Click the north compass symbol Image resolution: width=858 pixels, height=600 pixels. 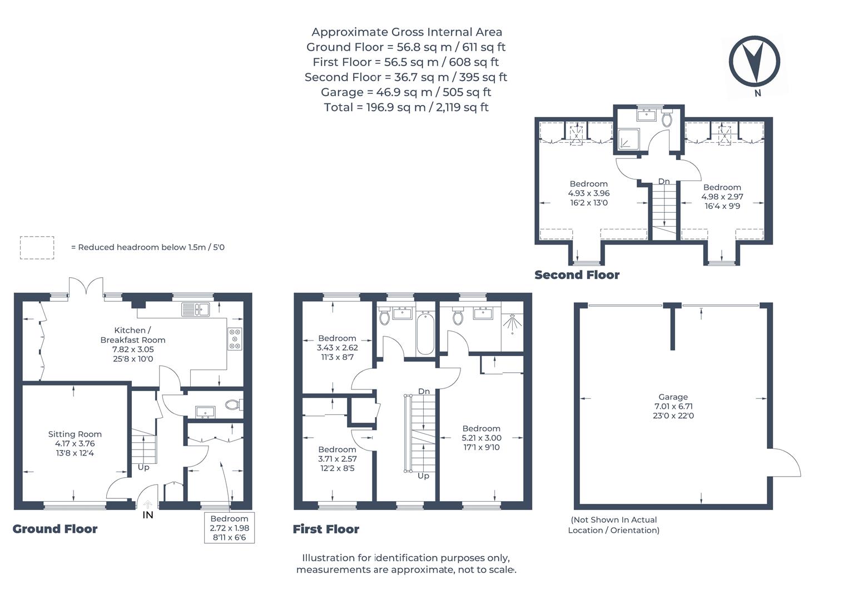coord(755,61)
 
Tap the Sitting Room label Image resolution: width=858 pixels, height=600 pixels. coord(75,443)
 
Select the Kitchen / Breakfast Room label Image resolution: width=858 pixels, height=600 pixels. coord(132,344)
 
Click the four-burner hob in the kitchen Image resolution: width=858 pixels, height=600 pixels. coord(235,339)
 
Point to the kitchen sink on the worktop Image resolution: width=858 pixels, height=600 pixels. coord(195,309)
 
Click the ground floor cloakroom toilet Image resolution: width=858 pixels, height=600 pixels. coord(233,405)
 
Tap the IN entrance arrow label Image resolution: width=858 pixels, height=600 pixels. coord(147,515)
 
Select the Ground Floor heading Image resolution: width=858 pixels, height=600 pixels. coord(54,529)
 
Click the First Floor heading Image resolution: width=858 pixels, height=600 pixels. coord(326,529)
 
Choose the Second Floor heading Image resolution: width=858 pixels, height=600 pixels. coord(577,274)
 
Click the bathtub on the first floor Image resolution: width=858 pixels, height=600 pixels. coord(425,333)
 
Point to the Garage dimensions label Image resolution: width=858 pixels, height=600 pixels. coord(673,406)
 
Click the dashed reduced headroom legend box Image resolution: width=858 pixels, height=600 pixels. coord(37,247)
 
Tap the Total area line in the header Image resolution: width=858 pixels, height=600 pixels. coord(406,107)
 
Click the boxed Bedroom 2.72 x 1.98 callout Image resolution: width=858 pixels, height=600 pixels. coord(230,528)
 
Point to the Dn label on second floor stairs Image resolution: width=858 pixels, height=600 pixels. coord(663,182)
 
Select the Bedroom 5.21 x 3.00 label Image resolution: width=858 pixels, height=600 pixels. coord(481,438)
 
